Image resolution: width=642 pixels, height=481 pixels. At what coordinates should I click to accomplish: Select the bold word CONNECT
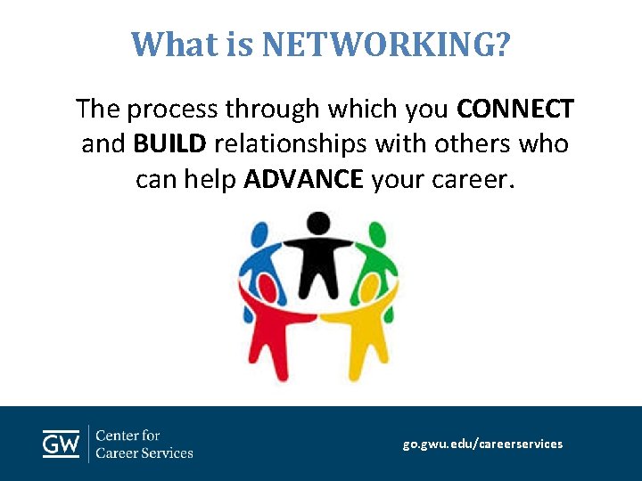point(514,110)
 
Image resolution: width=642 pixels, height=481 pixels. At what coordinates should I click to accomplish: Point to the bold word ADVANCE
point(303,179)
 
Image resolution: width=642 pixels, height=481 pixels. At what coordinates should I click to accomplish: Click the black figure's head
point(318,222)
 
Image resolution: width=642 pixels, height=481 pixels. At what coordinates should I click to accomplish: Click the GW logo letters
point(61,444)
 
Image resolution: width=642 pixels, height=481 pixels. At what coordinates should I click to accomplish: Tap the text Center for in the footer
point(128,436)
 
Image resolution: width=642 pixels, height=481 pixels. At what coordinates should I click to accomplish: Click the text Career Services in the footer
point(144,452)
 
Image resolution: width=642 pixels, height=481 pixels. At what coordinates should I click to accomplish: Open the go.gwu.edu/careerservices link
point(482,444)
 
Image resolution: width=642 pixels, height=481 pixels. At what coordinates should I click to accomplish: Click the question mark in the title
point(503,44)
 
